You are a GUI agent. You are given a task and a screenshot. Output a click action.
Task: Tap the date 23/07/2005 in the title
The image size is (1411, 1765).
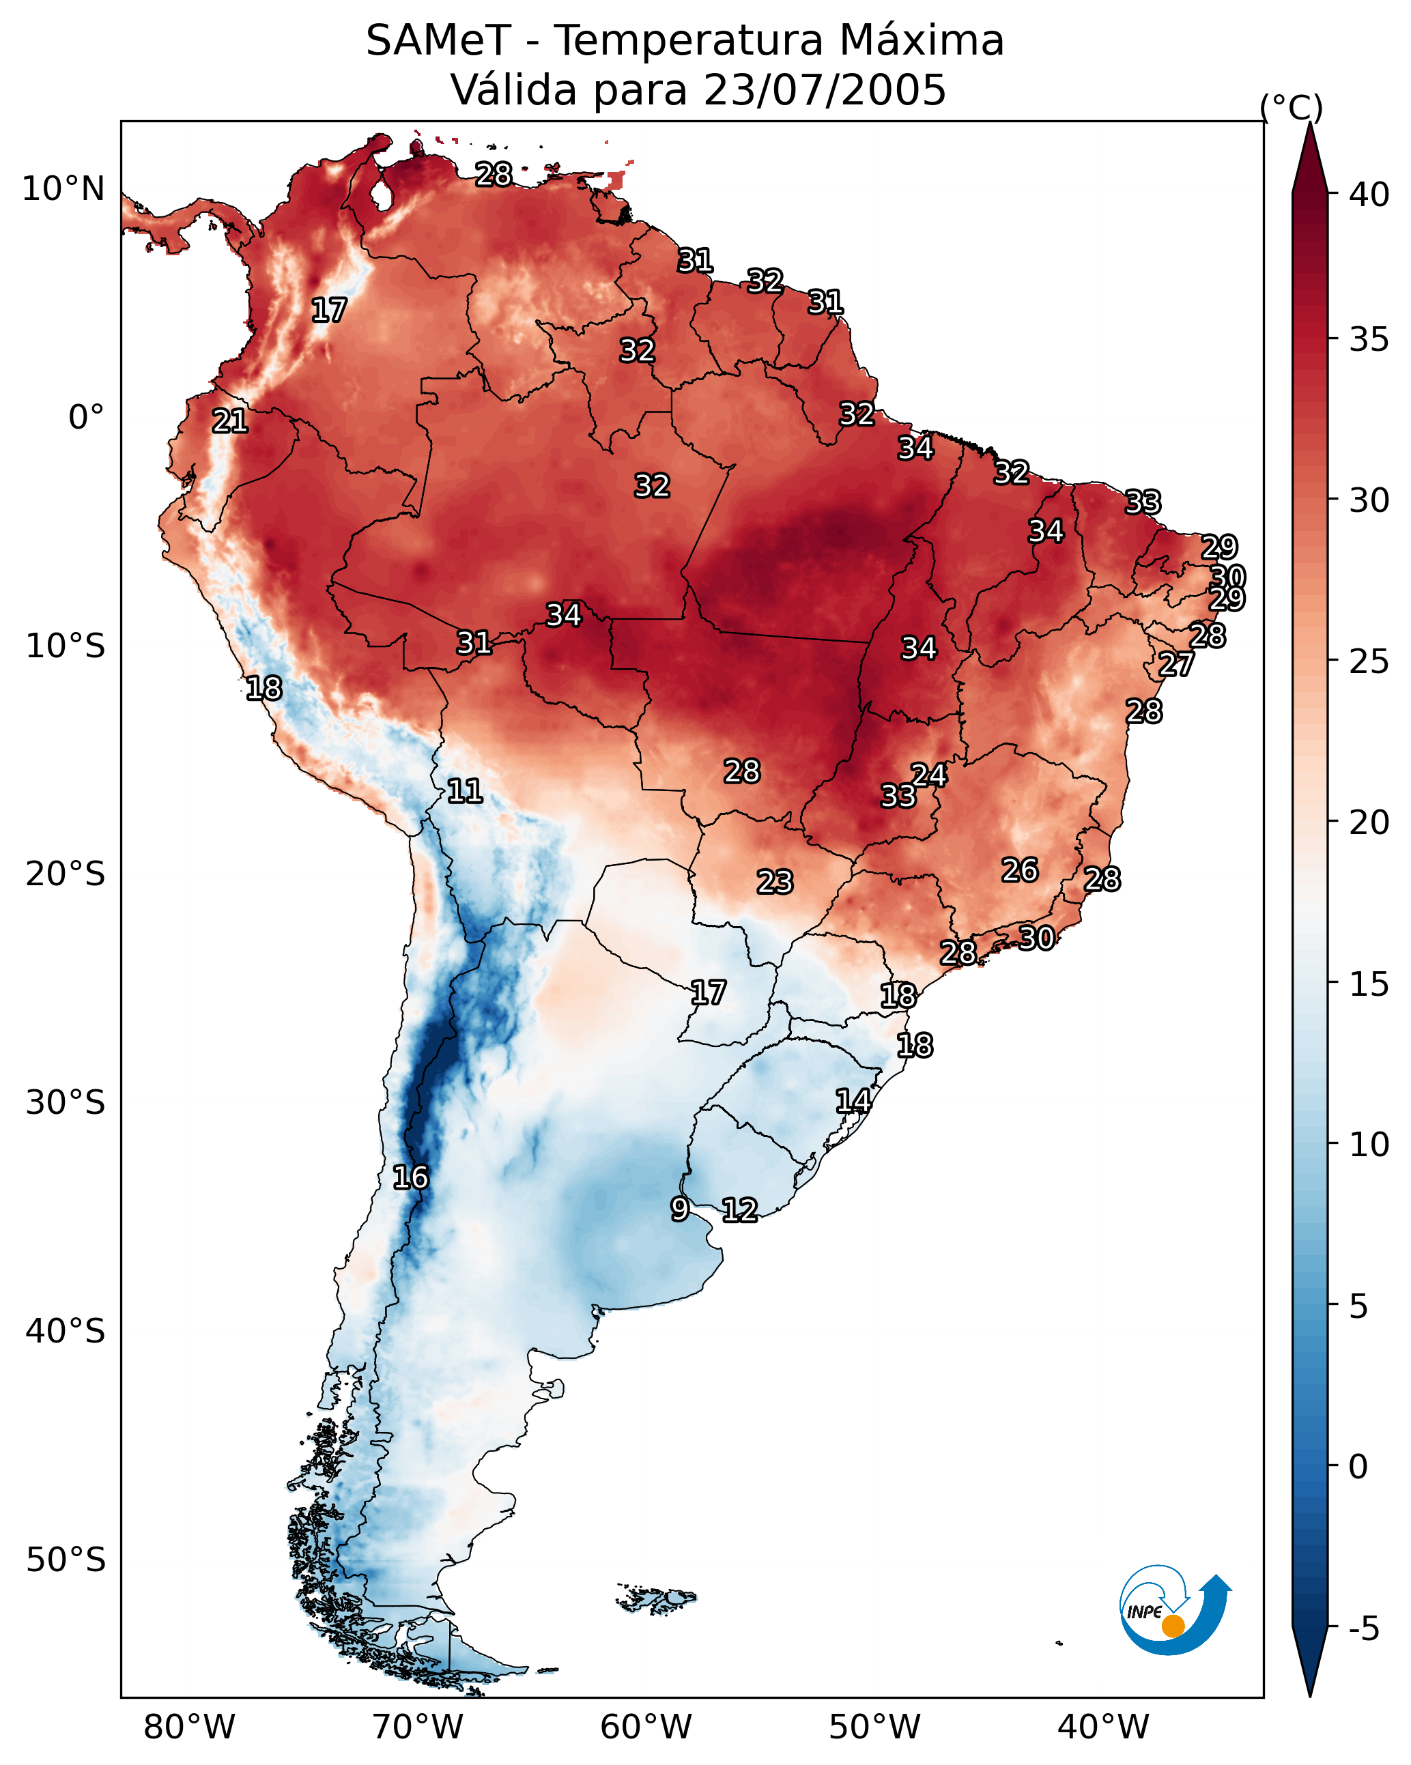824,90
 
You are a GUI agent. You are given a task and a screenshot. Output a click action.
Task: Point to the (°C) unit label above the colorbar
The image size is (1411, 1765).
1292,107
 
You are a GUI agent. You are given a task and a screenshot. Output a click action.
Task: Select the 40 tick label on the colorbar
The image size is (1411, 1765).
1369,195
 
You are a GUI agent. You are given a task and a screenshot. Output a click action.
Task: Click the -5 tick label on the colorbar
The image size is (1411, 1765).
1363,1629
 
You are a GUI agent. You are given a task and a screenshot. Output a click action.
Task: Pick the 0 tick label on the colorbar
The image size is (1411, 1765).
1358,1467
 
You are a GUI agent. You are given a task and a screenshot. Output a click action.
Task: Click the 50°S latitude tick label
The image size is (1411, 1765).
66,1560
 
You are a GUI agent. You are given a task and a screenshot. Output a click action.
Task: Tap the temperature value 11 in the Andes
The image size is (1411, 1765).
464,791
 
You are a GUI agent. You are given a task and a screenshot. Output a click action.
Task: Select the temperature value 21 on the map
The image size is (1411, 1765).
230,422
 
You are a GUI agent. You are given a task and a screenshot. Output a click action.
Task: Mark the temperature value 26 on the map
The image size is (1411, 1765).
1020,870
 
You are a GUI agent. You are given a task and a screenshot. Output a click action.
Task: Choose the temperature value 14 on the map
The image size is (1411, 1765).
853,1101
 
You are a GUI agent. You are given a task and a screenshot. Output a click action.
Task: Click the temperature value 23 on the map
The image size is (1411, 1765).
775,882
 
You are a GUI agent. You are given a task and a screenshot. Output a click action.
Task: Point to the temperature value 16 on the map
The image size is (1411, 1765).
410,1177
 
